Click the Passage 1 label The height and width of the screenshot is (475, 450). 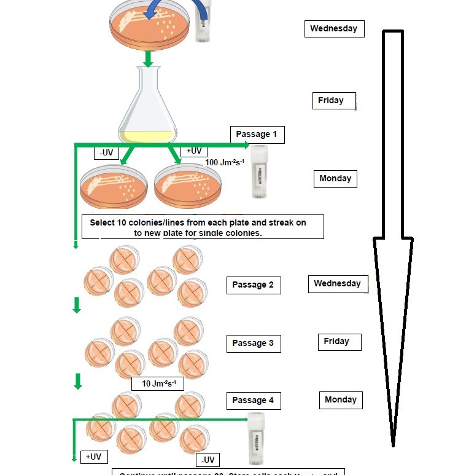point(257,135)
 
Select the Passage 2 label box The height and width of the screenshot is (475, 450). point(253,285)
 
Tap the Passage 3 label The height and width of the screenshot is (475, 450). point(253,343)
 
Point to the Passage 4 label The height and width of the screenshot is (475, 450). point(253,401)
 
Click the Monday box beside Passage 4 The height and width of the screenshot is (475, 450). point(340,400)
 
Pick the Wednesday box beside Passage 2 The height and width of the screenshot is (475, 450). point(337,284)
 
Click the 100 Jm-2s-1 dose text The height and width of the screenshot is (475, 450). point(225,162)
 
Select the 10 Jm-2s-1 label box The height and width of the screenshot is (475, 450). point(158,384)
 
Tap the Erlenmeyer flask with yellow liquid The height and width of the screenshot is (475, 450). point(147,104)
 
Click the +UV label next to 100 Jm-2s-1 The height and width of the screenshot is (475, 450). point(193,151)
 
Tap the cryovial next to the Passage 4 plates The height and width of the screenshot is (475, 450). point(255,438)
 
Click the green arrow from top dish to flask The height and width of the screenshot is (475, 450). point(148,59)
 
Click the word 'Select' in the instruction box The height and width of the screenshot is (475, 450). point(103,222)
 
